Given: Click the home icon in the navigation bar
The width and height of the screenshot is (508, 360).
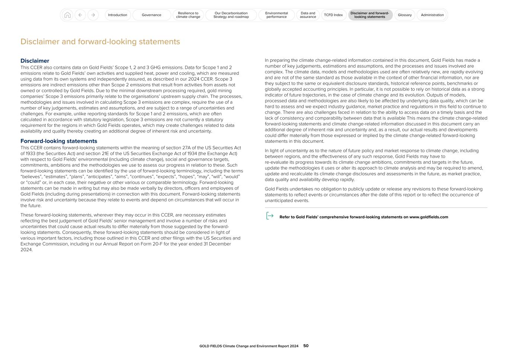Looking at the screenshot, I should point(67,15).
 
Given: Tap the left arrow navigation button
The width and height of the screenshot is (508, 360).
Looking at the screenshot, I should point(80,15).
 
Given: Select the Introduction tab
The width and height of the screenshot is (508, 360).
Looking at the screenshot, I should point(117,15).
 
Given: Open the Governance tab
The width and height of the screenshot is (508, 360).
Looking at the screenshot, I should point(151,15).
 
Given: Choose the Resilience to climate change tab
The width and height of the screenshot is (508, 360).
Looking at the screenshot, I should point(188,15).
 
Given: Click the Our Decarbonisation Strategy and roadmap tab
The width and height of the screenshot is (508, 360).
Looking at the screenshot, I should point(231,15).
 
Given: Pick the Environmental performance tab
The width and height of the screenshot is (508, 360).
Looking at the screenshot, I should point(277,15).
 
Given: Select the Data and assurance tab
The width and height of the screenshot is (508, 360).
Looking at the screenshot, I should point(308,15).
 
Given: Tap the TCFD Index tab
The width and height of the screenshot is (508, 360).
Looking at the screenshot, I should point(333,15).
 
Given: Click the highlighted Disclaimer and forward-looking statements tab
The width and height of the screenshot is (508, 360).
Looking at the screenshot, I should point(370,15).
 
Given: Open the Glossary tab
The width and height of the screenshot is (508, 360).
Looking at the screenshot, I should point(405,15).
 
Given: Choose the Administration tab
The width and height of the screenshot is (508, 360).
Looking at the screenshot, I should point(432,15).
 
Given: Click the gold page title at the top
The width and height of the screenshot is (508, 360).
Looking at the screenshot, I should point(100,42).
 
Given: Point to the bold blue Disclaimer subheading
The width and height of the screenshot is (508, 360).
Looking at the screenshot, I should point(35,61).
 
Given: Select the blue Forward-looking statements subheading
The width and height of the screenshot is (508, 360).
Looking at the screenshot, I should point(59,141).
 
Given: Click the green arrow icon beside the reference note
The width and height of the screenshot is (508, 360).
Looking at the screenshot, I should point(270,216).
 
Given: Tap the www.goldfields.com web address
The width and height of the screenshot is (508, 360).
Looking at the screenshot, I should point(428,217).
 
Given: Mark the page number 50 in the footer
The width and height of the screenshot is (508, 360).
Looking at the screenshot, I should point(306,346).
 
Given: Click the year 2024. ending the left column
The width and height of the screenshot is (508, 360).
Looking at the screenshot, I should point(26,250).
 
